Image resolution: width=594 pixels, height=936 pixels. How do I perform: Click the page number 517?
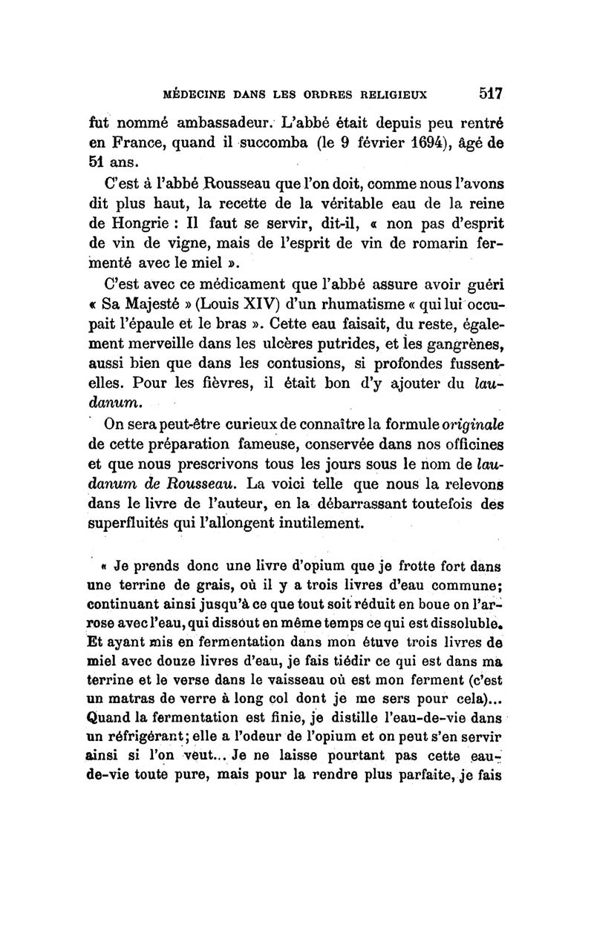(491, 94)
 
